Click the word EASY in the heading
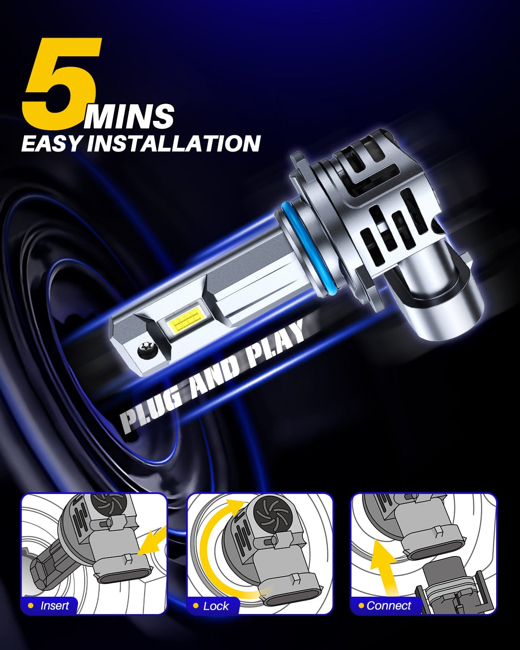tap(51, 143)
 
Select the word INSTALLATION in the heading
tap(173, 143)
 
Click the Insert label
tap(54, 605)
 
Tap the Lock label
tap(215, 606)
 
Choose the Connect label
tap(389, 605)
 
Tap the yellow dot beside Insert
tap(30, 605)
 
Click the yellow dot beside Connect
tap(361, 605)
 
